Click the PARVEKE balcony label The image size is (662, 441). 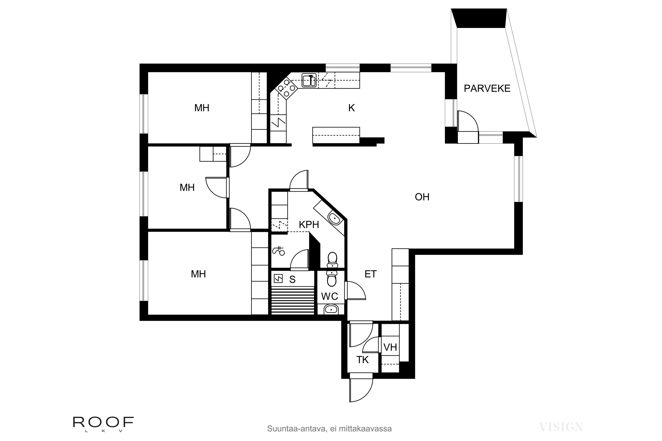[487, 89]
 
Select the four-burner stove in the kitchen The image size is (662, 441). [286, 88]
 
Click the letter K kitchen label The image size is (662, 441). [351, 108]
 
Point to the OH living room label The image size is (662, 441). [422, 197]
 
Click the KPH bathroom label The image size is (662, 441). [309, 225]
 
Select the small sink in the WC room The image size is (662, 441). [331, 310]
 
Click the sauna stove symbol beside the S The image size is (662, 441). [278, 279]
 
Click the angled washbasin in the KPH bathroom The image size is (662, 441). [334, 219]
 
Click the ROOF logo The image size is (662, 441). [103, 422]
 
